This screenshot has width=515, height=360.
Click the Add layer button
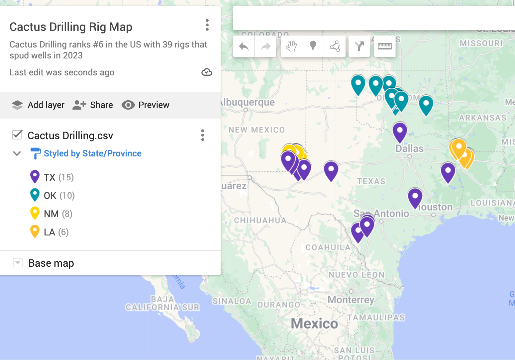(38, 105)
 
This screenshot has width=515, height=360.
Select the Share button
(93, 105)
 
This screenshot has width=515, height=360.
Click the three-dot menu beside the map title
(207, 25)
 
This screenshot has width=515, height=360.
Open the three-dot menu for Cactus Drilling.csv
(202, 135)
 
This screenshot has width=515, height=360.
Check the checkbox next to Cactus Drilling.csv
(17, 135)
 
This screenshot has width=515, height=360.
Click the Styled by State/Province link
(92, 153)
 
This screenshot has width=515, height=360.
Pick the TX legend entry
(50, 177)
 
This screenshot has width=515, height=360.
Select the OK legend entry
(50, 196)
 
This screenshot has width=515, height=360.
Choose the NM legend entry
(51, 214)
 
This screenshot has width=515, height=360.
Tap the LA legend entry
(50, 232)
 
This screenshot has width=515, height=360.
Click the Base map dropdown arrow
(18, 263)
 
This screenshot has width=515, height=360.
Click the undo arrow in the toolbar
(244, 46)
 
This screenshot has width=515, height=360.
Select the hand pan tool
(291, 46)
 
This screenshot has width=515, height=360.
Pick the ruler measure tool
(385, 46)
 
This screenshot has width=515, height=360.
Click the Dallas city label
(409, 148)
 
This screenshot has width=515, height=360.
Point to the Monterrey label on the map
(351, 300)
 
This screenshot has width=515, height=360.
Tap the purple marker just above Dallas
(400, 131)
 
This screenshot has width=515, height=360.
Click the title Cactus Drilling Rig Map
(71, 27)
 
